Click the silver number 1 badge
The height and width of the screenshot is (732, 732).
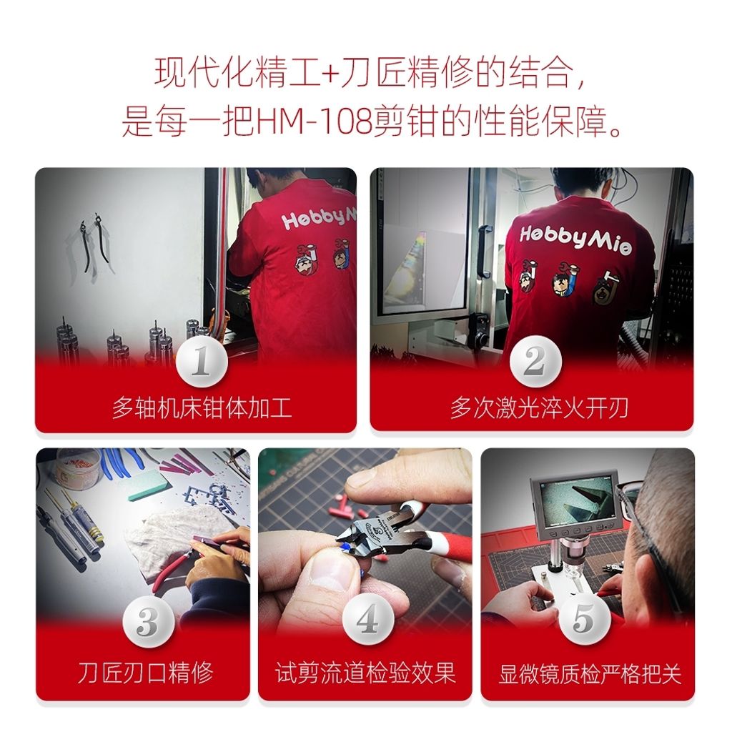pos(202,362)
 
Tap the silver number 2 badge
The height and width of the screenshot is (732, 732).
pos(535,361)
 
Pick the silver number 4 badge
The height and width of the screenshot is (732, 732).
pos(368,620)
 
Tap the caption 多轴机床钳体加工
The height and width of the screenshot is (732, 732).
pos(202,408)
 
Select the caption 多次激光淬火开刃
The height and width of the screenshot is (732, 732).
pos(539,408)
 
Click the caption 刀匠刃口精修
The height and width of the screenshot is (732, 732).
pos(145,673)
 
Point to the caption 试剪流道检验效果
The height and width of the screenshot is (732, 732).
pos(365,673)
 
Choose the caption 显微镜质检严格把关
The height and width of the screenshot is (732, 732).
pos(590,673)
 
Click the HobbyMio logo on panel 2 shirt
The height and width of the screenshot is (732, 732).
pos(576,239)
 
